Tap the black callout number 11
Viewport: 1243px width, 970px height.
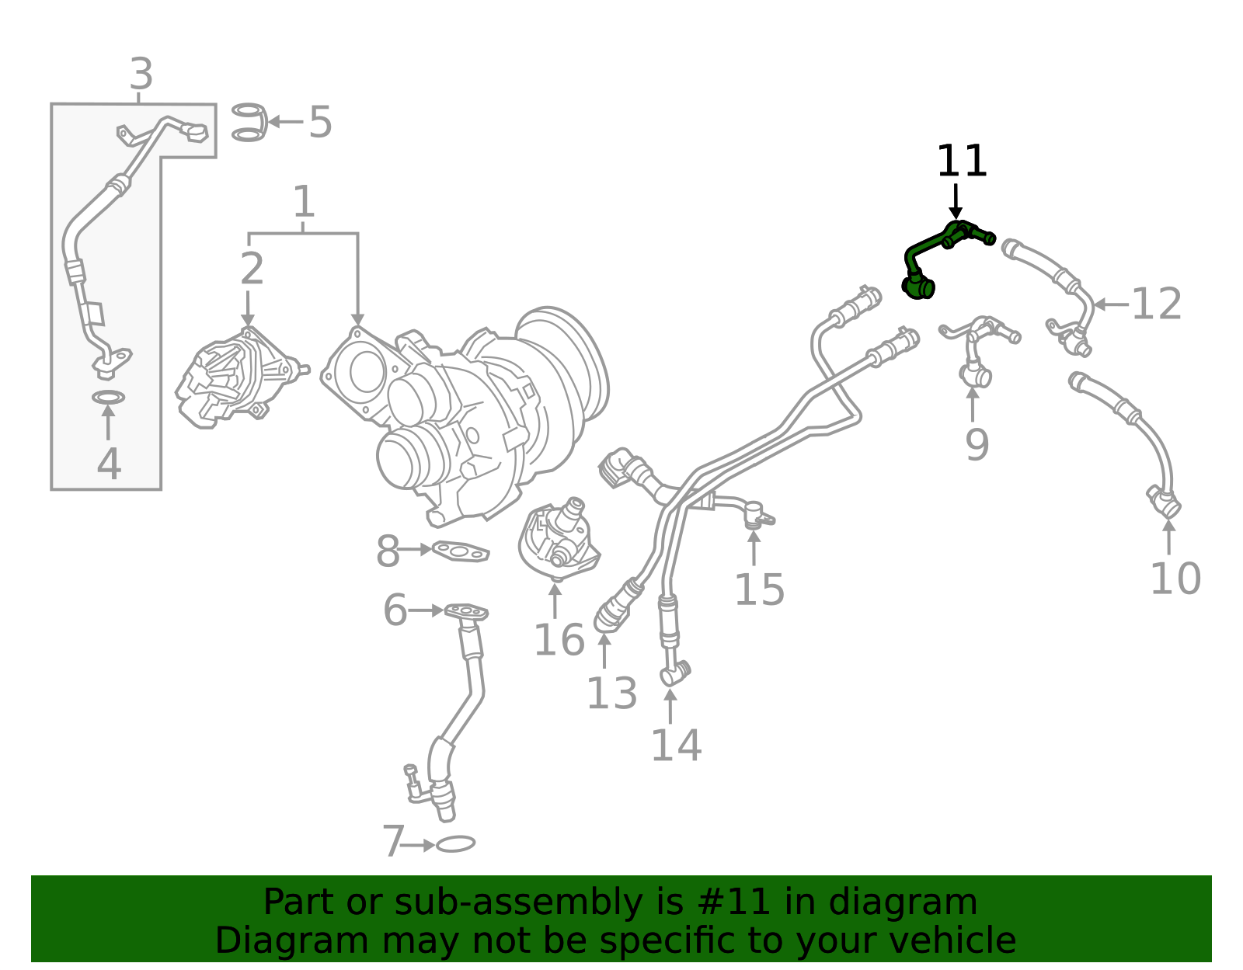(962, 162)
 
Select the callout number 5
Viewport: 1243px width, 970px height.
(320, 123)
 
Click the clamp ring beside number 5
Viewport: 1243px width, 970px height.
(249, 123)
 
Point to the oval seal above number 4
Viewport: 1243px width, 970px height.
(108, 397)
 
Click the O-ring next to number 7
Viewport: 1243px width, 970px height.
(455, 844)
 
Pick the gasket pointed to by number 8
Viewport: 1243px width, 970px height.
(461, 551)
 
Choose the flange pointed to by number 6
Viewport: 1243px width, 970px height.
(466, 612)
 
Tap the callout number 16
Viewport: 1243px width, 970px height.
(559, 640)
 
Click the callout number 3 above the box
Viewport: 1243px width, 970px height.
(141, 74)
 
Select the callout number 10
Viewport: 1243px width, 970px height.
(1175, 579)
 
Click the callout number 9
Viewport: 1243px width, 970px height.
(977, 444)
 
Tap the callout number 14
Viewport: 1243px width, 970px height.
(676, 746)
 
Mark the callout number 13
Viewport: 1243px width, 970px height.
(611, 694)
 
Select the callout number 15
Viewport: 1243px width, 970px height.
(759, 590)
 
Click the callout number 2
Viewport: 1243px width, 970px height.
(252, 269)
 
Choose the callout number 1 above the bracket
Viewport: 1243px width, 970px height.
(304, 201)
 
